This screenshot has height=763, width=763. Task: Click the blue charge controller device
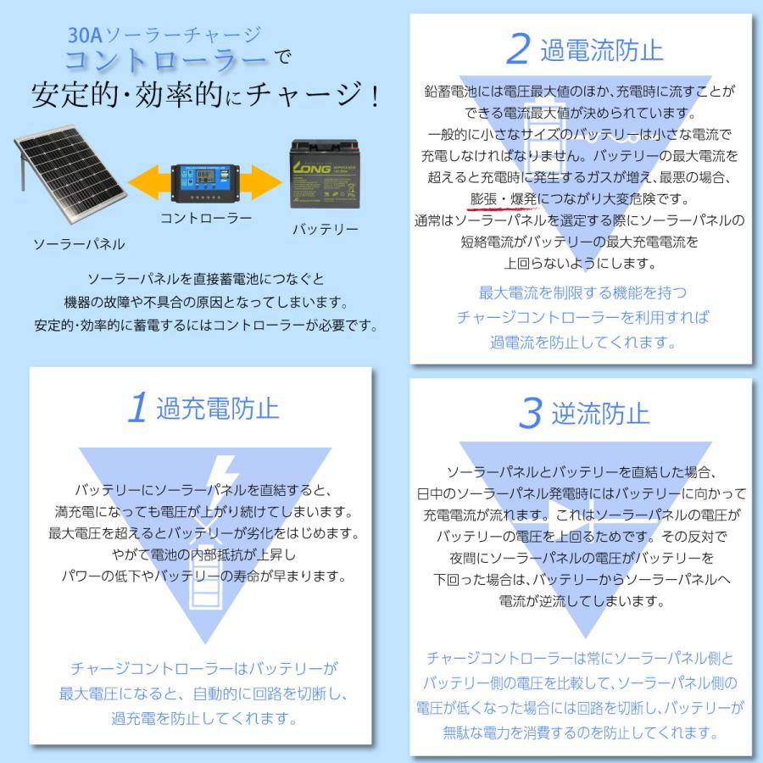(x=204, y=181)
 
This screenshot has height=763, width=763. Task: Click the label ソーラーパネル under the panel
(x=79, y=244)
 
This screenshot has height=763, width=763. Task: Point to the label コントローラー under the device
(x=206, y=218)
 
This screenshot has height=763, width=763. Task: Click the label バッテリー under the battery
(x=326, y=229)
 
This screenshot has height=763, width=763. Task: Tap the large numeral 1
(x=137, y=408)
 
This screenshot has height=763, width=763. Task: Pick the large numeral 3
(x=529, y=414)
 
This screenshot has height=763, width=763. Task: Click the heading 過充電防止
(x=218, y=409)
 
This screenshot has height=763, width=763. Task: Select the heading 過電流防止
(x=601, y=51)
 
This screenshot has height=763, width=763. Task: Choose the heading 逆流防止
(x=600, y=414)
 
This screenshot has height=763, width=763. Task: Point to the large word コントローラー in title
(x=165, y=61)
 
